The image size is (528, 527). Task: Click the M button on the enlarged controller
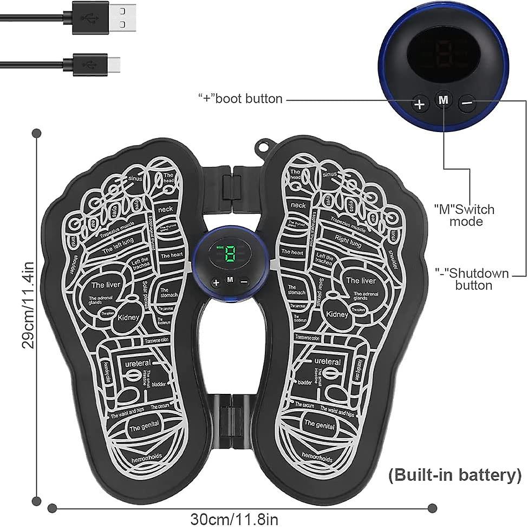pos(444,100)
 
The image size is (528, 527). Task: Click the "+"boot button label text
pos(240,99)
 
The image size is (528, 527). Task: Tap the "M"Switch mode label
pos(464,215)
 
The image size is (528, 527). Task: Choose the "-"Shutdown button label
pos(473,279)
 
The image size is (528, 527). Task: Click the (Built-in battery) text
pos(454,476)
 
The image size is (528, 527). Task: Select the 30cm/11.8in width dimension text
pos(234,519)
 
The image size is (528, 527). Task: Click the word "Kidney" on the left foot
pos(128,318)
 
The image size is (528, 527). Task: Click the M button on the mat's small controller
pos(230,280)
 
